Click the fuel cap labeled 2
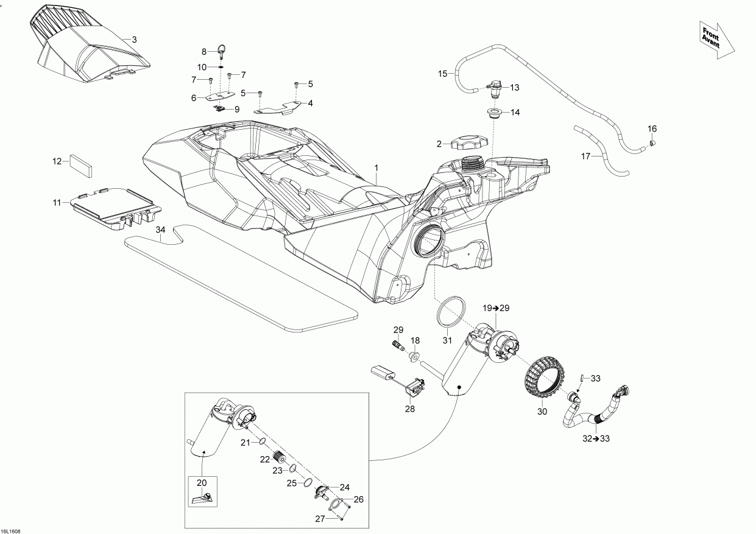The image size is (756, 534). (470, 144)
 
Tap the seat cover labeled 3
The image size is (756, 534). (91, 49)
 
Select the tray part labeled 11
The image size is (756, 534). (116, 207)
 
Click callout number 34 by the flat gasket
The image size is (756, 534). (160, 230)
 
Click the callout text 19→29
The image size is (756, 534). (496, 308)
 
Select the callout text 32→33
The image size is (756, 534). (596, 438)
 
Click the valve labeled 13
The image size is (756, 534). (495, 90)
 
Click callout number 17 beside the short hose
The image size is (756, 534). (586, 156)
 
